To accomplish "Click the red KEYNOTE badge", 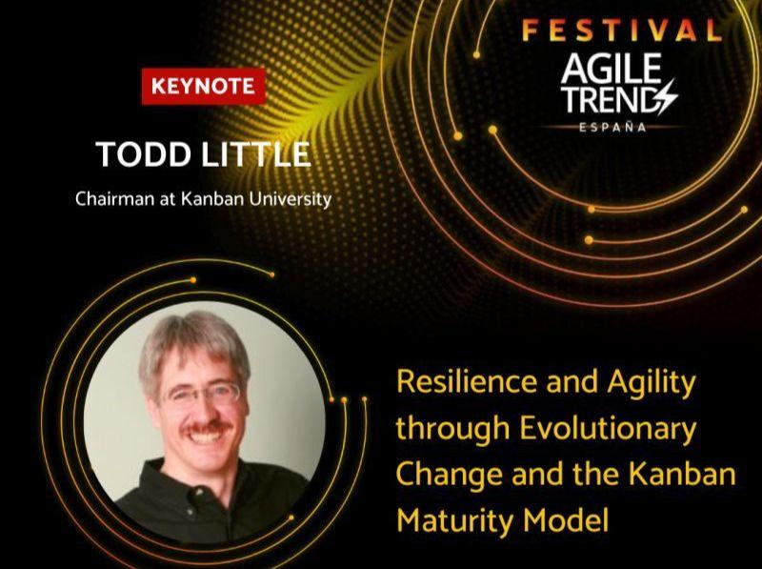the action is (x=204, y=86).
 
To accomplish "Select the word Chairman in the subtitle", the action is (x=114, y=199).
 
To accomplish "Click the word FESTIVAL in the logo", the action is (x=622, y=30).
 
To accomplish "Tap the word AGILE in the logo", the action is (x=612, y=69).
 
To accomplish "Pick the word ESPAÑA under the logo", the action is (x=612, y=128).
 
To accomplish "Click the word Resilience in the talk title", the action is (x=467, y=381).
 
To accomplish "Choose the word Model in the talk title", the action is (x=566, y=520).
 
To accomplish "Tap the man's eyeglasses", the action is (x=203, y=394).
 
